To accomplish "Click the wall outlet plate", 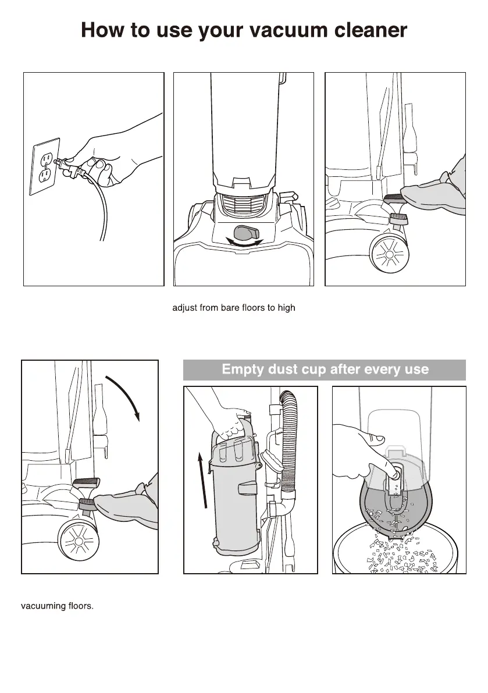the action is click(45, 166).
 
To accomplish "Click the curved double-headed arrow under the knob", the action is click(244, 243).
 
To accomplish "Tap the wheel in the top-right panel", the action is click(390, 254).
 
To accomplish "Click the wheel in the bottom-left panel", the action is click(78, 541).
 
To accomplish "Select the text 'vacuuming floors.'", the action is click(58, 606).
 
